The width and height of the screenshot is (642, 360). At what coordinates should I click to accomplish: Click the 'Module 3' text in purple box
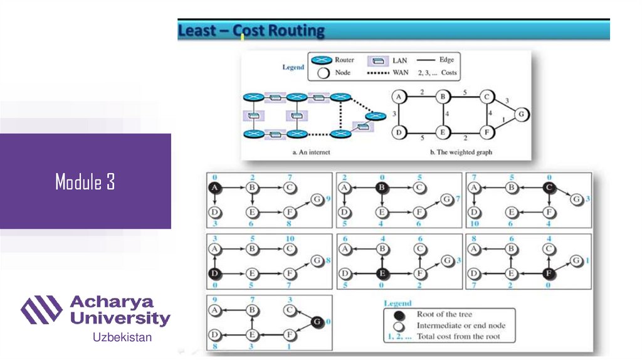pos(85,182)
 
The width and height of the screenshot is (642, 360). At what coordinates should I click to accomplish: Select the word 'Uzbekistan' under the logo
pos(122,337)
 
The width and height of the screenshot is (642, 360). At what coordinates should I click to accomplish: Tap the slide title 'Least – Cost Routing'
pos(251,31)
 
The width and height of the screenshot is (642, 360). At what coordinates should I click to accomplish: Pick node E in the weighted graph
pos(443,132)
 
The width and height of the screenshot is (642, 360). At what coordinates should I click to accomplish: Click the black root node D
pos(214,273)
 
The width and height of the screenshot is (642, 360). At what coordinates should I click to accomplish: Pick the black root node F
pos(548,273)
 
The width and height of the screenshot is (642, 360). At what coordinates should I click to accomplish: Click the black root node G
pos(317,321)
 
